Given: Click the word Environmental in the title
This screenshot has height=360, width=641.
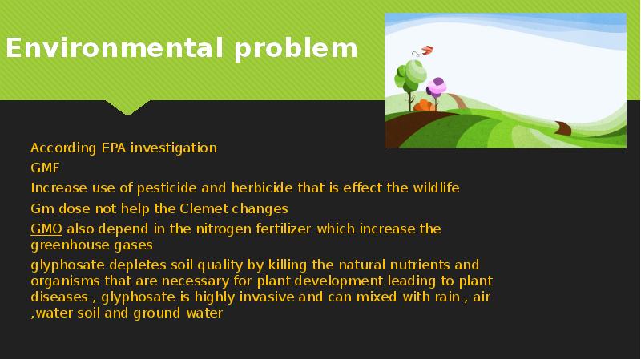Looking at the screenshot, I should (116, 49).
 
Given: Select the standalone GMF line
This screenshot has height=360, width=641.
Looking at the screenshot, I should (45, 168).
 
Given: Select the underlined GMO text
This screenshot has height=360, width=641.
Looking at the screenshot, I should (46, 229).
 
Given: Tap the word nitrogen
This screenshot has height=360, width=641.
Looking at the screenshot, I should (200, 229).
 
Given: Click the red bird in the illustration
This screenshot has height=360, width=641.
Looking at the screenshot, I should (425, 50).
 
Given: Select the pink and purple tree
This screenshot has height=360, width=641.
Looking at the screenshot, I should (437, 86).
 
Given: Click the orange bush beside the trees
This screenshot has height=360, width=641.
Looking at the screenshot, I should (425, 105).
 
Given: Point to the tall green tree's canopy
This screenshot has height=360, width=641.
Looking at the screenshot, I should (409, 76).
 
